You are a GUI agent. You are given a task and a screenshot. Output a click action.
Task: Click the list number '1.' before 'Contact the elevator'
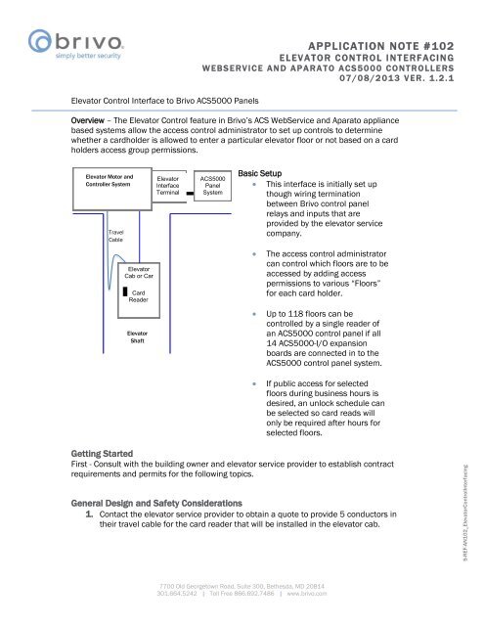click(89, 513)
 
